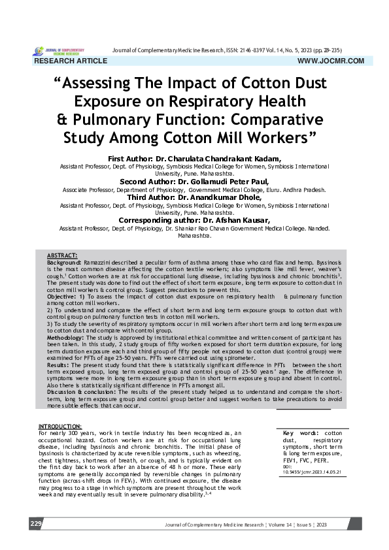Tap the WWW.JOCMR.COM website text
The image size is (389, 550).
pyautogui.click(x=330, y=61)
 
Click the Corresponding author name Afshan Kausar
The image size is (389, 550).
pyautogui.click(x=242, y=221)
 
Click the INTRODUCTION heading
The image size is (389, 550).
pyautogui.click(x=59, y=425)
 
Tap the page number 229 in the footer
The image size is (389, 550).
pyautogui.click(x=35, y=524)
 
